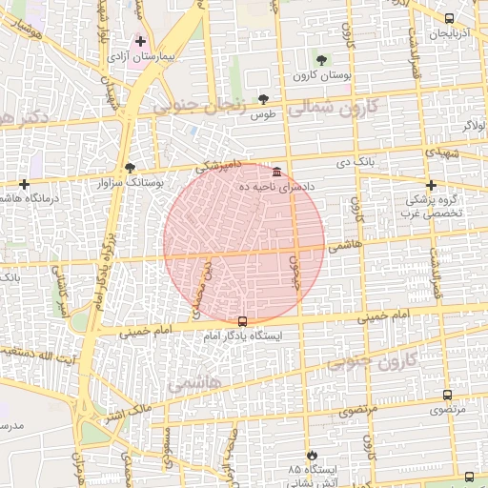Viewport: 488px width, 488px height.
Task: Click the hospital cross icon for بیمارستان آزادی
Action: click(x=141, y=42)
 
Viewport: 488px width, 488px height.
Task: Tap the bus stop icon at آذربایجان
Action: click(x=449, y=18)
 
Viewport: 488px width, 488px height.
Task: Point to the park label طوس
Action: click(x=262, y=114)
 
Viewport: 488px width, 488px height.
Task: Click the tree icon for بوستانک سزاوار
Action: click(x=130, y=167)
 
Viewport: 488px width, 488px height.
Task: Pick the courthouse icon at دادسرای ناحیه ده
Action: click(x=276, y=172)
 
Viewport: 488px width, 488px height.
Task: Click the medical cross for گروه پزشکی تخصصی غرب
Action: click(x=431, y=185)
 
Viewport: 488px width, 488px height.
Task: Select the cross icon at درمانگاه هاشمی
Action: click(x=24, y=183)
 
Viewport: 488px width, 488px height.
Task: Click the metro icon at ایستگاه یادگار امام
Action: click(x=242, y=321)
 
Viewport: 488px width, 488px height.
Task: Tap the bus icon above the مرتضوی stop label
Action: click(x=447, y=395)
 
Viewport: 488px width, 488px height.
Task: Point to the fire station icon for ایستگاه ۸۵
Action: click(x=307, y=456)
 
